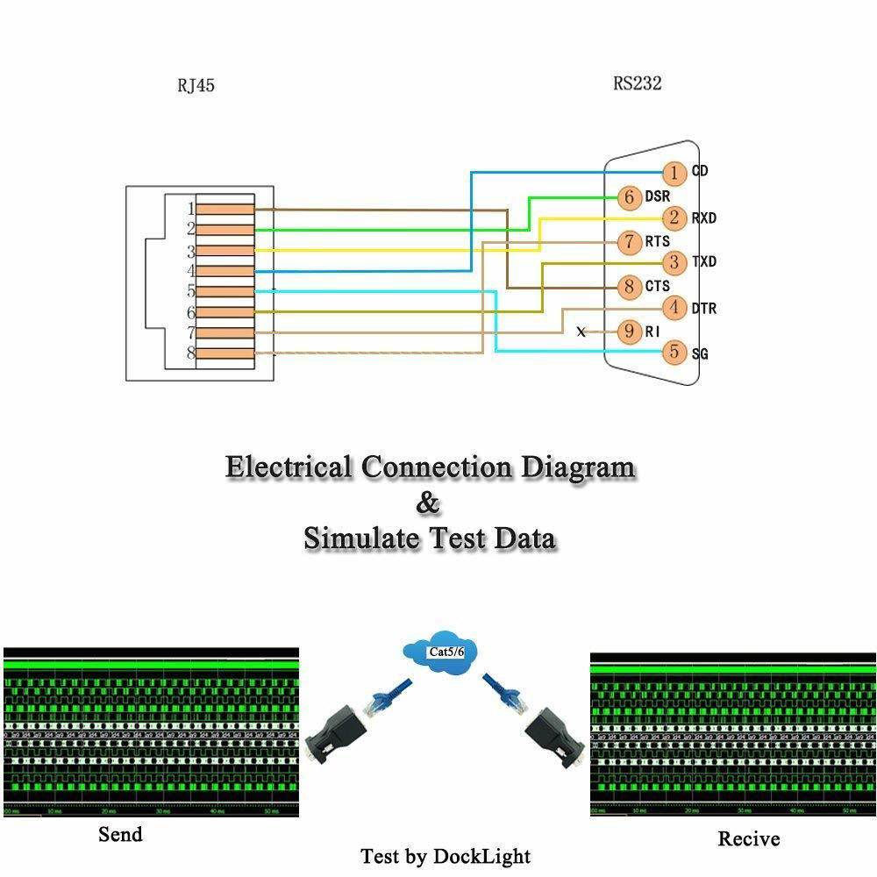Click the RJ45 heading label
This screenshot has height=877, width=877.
[196, 86]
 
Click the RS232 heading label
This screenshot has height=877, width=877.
[638, 84]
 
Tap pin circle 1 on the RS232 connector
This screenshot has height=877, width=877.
[674, 173]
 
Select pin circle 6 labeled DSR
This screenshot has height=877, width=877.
[629, 197]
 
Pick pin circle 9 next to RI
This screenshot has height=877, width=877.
[629, 332]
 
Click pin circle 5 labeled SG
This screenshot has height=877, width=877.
[674, 353]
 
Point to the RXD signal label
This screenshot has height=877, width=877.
[704, 217]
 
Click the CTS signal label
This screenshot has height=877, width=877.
[657, 286]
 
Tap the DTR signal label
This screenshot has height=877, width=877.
[704, 309]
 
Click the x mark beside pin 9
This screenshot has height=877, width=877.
[581, 332]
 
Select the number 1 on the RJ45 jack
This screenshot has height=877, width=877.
[189, 209]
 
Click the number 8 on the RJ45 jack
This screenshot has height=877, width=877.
[189, 353]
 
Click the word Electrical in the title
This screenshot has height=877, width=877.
[289, 467]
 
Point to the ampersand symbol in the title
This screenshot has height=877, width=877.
[428, 503]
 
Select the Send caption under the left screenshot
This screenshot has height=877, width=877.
[120, 834]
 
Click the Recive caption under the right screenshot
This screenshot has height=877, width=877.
[748, 838]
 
